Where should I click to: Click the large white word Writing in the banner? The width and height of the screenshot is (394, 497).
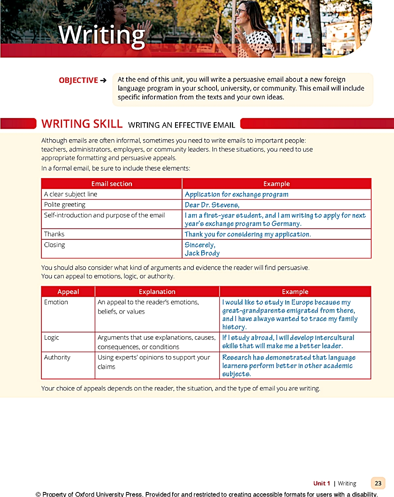[102, 35]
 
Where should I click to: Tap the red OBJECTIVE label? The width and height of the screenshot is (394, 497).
[79, 80]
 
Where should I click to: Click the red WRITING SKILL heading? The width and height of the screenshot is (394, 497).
[82, 124]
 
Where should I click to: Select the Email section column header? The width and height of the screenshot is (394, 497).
[112, 184]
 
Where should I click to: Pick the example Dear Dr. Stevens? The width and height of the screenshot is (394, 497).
[212, 205]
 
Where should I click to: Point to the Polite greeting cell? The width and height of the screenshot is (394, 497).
[65, 205]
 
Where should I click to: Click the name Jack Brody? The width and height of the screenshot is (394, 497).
[202, 253]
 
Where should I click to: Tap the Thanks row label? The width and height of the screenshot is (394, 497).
[54, 234]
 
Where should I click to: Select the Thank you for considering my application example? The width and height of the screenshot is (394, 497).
[247, 234]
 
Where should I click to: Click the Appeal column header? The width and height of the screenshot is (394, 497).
[68, 292]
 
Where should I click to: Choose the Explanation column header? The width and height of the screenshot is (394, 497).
[157, 292]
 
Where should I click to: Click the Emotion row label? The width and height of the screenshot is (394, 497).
[56, 302]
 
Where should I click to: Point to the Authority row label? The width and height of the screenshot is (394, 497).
[57, 357]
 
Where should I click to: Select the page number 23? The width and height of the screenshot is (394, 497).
[378, 483]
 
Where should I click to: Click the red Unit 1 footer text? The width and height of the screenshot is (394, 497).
[322, 483]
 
